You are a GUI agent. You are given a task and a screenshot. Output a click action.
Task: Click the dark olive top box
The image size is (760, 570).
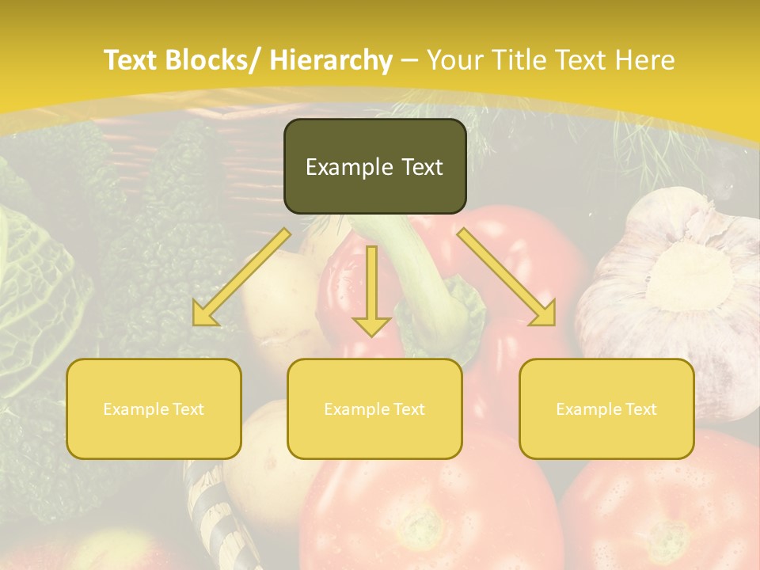pyautogui.click(x=374, y=166)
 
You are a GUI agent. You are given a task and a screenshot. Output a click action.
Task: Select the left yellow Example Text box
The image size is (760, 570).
pyautogui.click(x=154, y=408)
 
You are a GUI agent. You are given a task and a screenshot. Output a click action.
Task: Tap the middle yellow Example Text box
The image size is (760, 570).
pyautogui.click(x=374, y=408)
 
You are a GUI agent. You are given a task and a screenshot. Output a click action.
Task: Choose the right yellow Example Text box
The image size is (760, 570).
pyautogui.click(x=606, y=408)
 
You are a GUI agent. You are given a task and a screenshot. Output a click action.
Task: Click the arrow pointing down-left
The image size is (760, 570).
pyautogui.click(x=241, y=277)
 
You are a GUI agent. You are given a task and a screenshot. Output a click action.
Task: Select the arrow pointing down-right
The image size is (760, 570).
pyautogui.click(x=507, y=277)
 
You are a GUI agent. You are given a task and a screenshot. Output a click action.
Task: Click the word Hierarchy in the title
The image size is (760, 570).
pyautogui.click(x=331, y=60)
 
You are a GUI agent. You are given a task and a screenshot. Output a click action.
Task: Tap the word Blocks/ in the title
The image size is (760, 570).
pyautogui.click(x=214, y=60)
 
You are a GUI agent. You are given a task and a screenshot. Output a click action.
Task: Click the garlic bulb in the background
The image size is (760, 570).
pyautogui.click(x=673, y=285)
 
